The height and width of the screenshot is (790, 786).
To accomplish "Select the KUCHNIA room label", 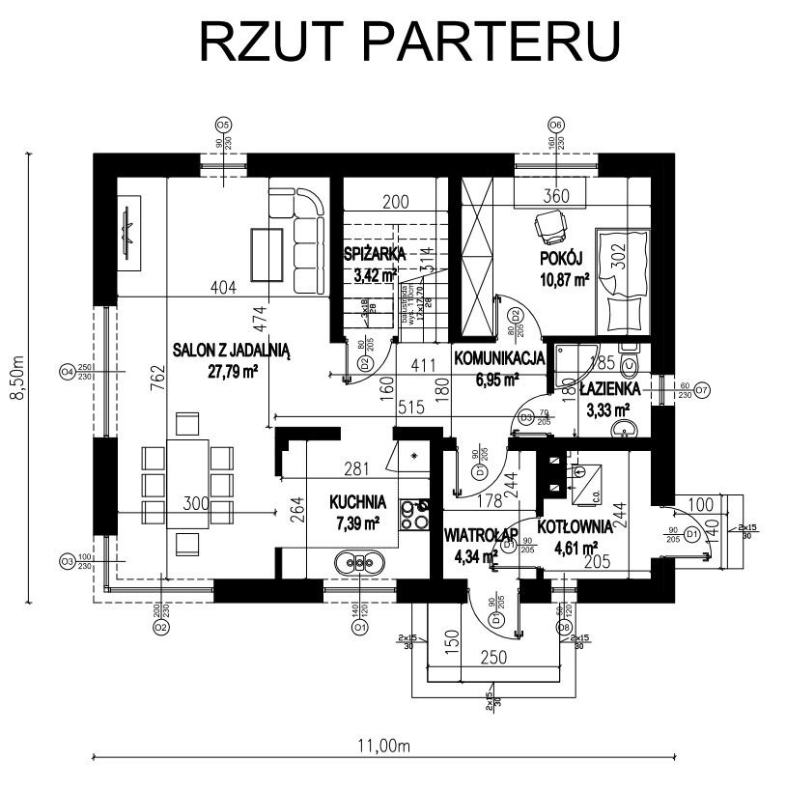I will pyautogui.click(x=357, y=502).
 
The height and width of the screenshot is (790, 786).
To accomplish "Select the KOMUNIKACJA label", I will pyautogui.click(x=499, y=357).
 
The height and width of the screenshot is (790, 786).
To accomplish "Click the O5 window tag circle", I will pyautogui.click(x=223, y=125).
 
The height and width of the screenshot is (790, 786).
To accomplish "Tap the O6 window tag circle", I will pyautogui.click(x=555, y=125).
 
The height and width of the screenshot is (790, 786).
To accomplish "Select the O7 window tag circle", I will pyautogui.click(x=702, y=390).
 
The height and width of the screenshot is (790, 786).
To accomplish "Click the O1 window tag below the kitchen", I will pyautogui.click(x=359, y=627).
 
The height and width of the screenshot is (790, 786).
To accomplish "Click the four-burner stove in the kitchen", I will pyautogui.click(x=416, y=514).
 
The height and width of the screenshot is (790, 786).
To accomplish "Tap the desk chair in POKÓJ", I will pyautogui.click(x=551, y=228).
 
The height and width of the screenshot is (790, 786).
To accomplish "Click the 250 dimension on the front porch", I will pyautogui.click(x=493, y=656).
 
